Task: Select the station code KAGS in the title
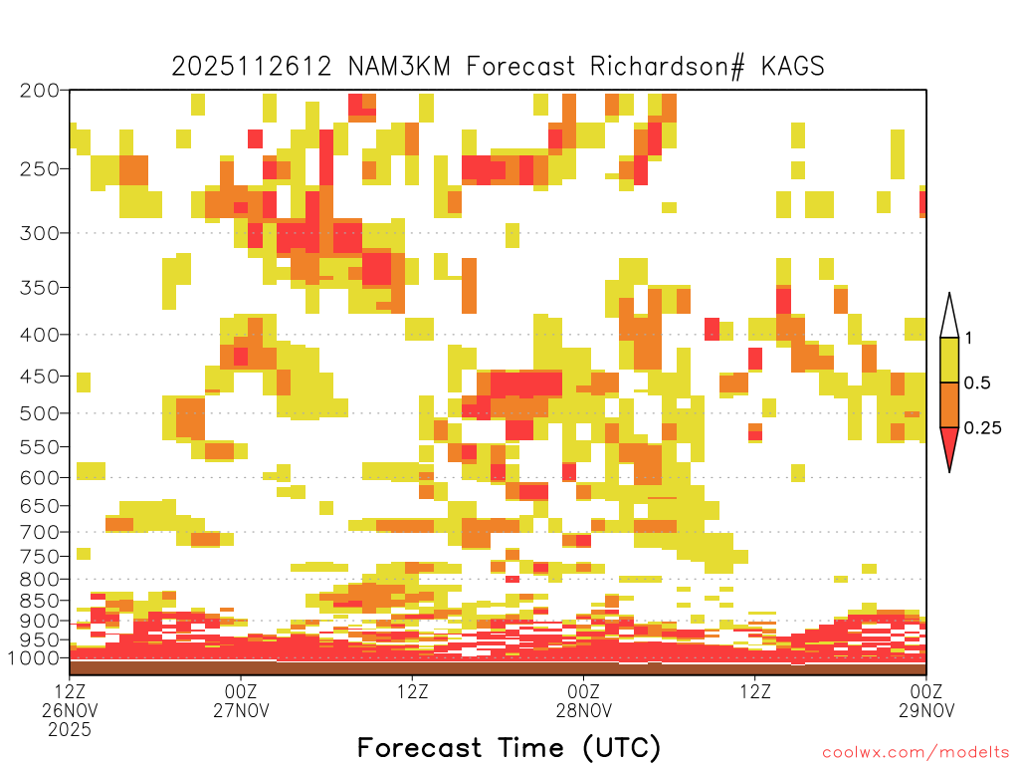point(793,67)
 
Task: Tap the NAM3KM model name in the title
point(400,67)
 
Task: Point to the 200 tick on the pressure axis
point(39,91)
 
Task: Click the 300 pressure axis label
point(39,233)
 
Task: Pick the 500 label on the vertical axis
point(39,413)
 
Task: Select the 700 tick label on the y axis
point(39,532)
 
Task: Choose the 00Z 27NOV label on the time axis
point(241,700)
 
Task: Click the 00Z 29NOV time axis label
point(926,700)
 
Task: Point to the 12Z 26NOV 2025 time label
point(70,709)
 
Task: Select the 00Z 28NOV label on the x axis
point(583,700)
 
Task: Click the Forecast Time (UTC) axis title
point(509,747)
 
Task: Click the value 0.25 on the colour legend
point(982,427)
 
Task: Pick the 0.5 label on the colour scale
point(977,382)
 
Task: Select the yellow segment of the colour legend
point(949,360)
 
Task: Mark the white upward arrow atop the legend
point(949,316)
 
